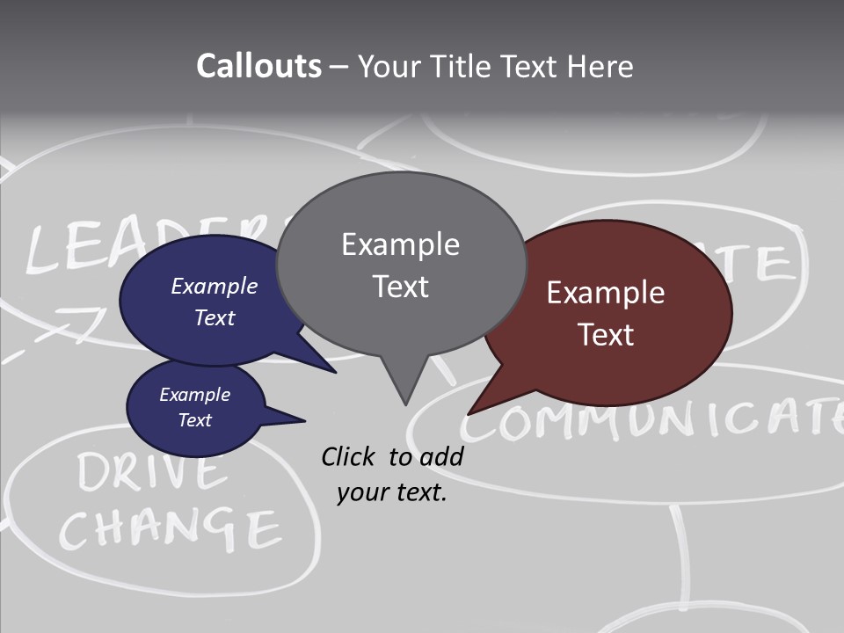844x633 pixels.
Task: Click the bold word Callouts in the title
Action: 258,66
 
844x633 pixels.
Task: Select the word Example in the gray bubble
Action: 400,244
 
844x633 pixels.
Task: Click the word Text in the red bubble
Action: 607,335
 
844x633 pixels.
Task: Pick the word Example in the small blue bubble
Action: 194,395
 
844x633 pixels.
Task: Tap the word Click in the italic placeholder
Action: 349,456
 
